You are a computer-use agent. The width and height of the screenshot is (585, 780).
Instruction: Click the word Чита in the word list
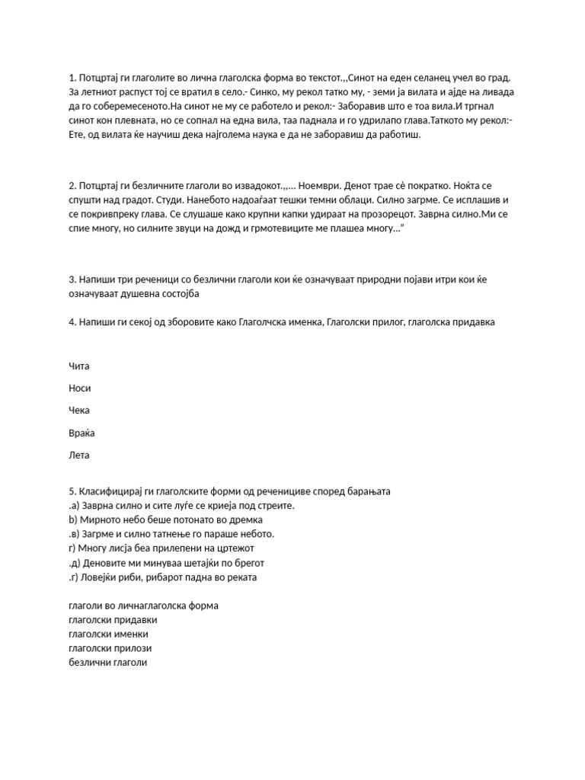[x=78, y=366]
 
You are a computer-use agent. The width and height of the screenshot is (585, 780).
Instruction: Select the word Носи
[x=79, y=388]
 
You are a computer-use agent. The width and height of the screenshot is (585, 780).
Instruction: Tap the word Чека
[x=79, y=411]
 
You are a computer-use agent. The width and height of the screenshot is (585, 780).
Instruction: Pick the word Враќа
[x=82, y=433]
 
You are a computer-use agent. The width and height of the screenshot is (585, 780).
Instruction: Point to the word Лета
[x=78, y=456]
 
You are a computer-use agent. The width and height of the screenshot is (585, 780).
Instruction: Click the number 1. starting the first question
[x=72, y=78]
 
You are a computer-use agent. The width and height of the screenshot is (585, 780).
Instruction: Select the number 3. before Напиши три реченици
[x=72, y=280]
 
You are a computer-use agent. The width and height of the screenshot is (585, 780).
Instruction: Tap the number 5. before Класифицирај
[x=72, y=492]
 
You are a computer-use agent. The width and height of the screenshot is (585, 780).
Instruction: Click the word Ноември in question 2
[x=323, y=185]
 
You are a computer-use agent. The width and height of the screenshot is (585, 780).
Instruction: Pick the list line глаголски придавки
[x=108, y=620]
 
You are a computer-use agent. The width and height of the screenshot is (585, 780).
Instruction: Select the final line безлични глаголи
[x=107, y=663]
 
